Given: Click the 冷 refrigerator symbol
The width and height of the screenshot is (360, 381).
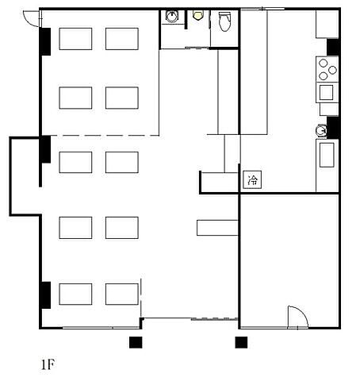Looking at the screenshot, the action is [x=252, y=180].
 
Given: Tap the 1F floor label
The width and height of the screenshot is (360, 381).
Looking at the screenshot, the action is [x=48, y=365].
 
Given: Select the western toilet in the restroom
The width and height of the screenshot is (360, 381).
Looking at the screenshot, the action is [x=224, y=21].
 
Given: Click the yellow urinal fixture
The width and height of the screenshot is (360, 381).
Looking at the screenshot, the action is [x=197, y=15].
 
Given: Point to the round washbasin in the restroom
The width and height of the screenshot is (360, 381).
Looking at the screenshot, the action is [x=172, y=16].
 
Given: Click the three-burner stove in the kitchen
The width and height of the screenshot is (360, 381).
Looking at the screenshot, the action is [x=327, y=68].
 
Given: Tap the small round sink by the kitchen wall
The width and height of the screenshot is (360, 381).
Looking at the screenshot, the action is [x=321, y=130].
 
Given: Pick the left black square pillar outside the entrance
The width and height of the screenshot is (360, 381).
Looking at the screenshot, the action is [x=136, y=342].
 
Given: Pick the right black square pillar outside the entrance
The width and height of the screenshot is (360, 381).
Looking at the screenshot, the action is [x=241, y=342].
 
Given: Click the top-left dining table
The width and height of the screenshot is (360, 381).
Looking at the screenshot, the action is [x=75, y=39].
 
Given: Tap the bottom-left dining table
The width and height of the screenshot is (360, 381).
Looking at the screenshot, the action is [x=75, y=294].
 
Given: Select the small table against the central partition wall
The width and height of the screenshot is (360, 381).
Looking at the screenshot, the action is [x=217, y=228].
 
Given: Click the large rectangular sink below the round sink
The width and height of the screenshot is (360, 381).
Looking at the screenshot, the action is [x=327, y=155].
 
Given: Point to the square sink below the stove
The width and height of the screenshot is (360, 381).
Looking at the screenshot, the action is [x=326, y=92].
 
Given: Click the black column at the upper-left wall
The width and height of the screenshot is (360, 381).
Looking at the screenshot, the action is [x=45, y=41].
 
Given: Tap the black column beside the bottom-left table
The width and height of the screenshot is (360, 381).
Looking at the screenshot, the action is [x=45, y=295].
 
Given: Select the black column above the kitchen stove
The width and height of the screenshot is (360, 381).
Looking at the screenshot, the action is [x=333, y=47].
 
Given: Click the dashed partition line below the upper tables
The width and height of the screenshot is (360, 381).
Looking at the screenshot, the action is [x=105, y=136].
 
